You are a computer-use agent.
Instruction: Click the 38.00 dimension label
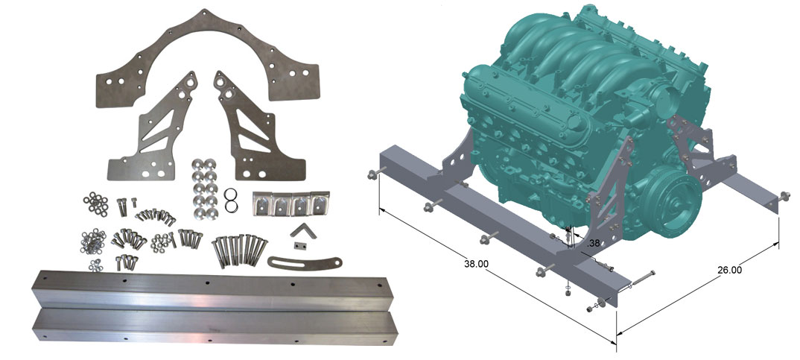click(x=476, y=264)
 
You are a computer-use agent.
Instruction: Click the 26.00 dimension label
click(x=729, y=270)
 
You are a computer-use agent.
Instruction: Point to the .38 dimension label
click(x=594, y=244)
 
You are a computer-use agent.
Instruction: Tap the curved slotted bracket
click(x=304, y=262)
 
